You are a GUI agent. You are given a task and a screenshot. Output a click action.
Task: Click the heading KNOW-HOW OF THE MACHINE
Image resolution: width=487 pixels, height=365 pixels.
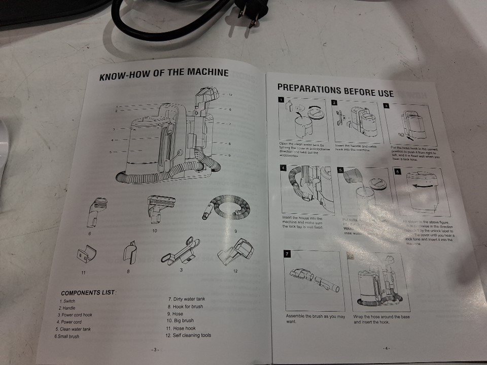click(164, 74)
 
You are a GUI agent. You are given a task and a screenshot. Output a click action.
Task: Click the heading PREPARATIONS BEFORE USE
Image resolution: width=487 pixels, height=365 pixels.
click(335, 90)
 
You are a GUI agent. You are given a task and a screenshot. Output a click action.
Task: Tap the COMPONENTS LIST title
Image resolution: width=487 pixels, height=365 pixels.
click(89, 293)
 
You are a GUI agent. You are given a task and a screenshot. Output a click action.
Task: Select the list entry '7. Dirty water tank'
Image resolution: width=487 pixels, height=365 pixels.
click(186, 299)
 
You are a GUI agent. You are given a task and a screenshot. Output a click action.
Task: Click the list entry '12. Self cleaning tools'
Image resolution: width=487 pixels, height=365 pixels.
click(188, 335)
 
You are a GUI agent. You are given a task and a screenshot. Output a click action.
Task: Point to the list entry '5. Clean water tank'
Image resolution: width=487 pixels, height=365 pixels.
click(74, 329)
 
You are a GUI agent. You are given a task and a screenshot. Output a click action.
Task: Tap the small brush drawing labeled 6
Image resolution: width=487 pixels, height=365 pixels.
click(94, 211)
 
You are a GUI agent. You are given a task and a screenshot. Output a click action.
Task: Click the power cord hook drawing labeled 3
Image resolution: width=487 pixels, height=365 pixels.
click(180, 250)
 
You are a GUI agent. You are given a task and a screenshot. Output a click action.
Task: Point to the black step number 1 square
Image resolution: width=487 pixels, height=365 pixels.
click(281, 101)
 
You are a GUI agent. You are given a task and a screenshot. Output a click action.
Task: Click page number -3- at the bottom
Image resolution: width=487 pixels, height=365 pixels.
click(155, 349)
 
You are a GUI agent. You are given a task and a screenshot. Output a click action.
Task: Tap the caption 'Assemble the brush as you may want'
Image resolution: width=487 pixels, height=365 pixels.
click(315, 319)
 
